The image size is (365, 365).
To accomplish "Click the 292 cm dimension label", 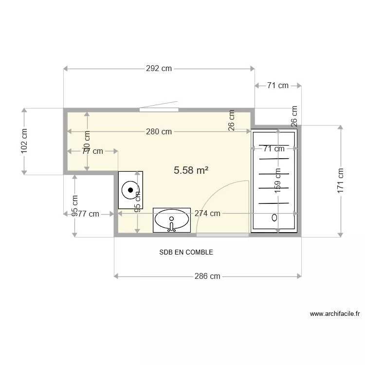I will click(159, 69).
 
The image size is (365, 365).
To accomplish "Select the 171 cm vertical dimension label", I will click(341, 181).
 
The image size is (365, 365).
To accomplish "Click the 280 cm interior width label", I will click(159, 131).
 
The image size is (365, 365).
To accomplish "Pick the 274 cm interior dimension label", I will click(207, 213).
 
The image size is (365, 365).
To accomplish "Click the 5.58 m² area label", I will click(191, 170).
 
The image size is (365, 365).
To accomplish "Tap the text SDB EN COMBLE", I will click(186, 253).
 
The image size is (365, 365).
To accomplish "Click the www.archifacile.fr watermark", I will click(334, 314).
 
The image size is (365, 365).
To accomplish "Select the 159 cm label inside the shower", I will click(278, 181).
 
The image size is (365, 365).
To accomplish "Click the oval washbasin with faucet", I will click(172, 220).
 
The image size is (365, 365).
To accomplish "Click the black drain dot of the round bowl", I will click(130, 190).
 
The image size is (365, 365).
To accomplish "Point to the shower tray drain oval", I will click(274, 217).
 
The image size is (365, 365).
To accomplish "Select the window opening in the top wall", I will click(159, 109).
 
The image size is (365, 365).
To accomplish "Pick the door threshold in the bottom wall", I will click(222, 235).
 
